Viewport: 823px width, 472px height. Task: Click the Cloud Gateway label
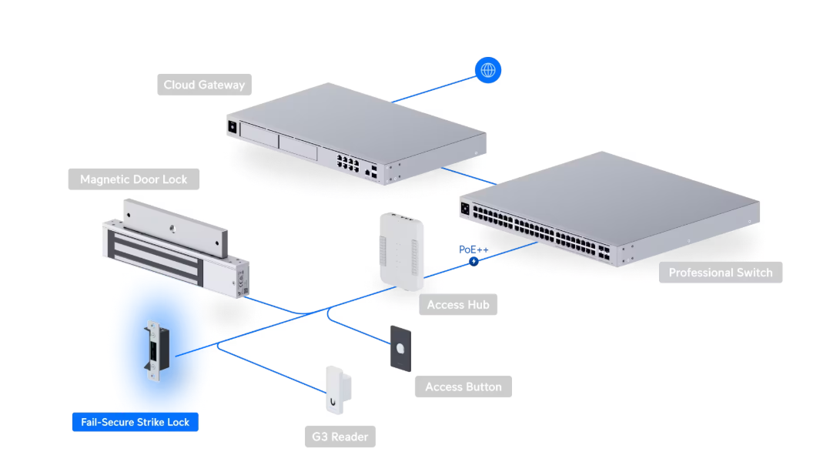tap(204, 85)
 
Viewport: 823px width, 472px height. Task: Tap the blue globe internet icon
tap(488, 70)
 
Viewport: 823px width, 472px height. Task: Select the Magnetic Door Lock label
tap(133, 179)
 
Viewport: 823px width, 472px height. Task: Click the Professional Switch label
tap(720, 273)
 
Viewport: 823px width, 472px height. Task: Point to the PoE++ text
tap(473, 249)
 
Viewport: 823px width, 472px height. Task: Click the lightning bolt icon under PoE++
tap(474, 262)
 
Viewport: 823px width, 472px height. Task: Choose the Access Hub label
tap(457, 304)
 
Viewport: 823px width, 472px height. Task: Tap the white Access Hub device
tap(402, 251)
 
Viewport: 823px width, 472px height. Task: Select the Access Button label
tap(463, 387)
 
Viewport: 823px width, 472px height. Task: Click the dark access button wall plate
tap(400, 349)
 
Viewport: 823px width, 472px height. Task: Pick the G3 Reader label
tap(340, 437)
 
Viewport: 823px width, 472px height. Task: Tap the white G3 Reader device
tap(339, 390)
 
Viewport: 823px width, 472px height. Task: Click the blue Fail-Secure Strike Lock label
tap(135, 422)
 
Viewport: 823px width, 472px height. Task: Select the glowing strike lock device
tap(157, 350)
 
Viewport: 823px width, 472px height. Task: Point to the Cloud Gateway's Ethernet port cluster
tap(347, 162)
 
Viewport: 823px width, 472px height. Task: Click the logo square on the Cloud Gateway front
tap(233, 126)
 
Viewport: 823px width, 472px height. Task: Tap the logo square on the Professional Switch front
tap(465, 209)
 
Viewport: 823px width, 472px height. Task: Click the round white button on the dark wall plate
tap(400, 347)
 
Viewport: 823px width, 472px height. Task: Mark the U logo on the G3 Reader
tap(333, 402)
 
